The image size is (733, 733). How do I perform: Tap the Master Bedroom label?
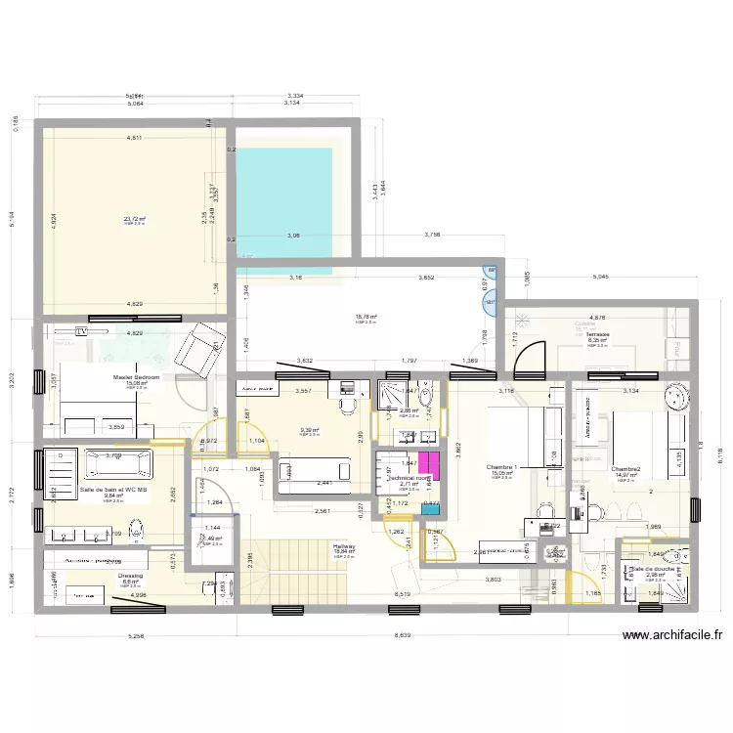pyautogui.click(x=136, y=376)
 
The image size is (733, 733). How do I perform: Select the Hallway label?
pyautogui.click(x=344, y=546)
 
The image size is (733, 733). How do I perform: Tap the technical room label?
pyautogui.click(x=409, y=478)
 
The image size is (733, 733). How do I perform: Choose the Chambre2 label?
pyautogui.click(x=625, y=469)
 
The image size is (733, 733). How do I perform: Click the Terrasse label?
pyautogui.click(x=598, y=333)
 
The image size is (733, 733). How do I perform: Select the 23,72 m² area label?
pyautogui.click(x=134, y=219)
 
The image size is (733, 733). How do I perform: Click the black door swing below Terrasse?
pyautogui.click(x=534, y=358)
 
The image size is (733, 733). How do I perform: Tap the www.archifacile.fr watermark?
pyautogui.click(x=671, y=635)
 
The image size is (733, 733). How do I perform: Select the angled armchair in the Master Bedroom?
pyautogui.click(x=208, y=344)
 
